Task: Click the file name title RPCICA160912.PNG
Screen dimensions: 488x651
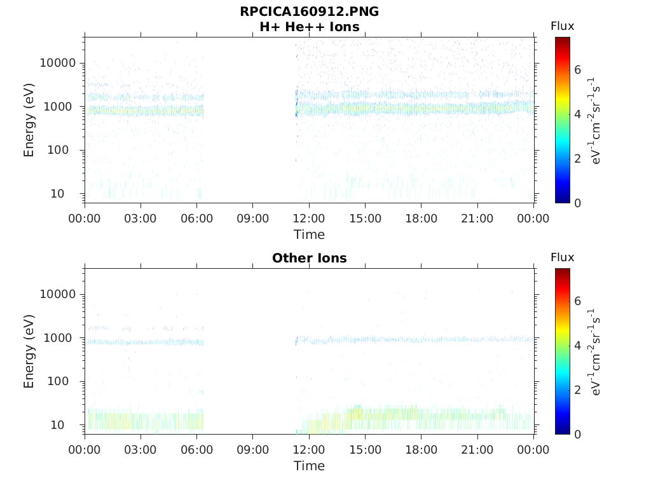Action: click(x=309, y=11)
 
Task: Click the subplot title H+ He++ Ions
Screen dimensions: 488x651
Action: click(x=309, y=27)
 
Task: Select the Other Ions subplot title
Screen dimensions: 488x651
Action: click(x=309, y=258)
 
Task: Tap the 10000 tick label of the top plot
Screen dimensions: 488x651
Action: click(x=57, y=63)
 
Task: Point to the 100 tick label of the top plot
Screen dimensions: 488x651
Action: click(x=63, y=150)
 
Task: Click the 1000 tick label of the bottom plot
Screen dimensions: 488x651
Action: click(x=60, y=338)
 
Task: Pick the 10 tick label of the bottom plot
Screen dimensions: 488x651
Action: click(x=66, y=424)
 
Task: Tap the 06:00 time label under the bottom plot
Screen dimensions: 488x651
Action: click(x=197, y=450)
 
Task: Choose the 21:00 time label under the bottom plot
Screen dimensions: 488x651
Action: click(x=477, y=450)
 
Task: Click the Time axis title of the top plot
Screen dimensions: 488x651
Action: click(x=309, y=234)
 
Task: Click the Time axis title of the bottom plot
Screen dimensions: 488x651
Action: click(x=309, y=466)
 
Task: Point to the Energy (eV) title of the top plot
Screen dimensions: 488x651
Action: click(x=29, y=119)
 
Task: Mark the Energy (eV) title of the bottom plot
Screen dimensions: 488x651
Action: click(x=29, y=351)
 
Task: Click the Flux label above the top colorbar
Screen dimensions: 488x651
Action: click(x=562, y=26)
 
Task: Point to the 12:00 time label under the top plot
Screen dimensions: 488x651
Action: click(x=309, y=219)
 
